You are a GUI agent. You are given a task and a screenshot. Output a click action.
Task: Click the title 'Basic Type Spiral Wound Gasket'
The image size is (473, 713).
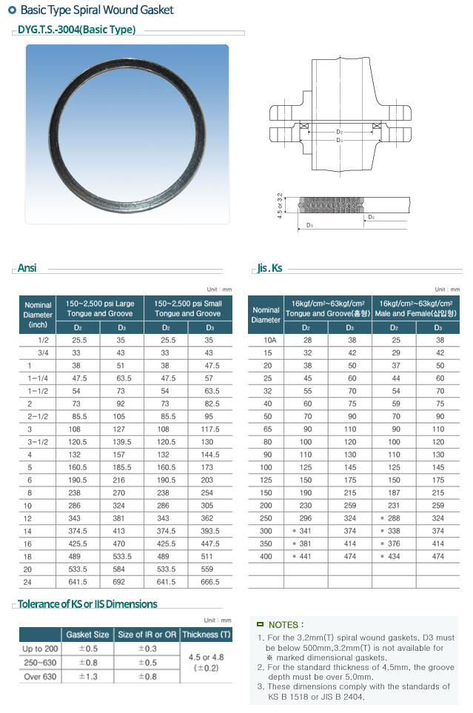[x=96, y=10]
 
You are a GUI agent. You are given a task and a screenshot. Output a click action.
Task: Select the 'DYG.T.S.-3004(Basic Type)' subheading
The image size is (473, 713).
[x=76, y=30]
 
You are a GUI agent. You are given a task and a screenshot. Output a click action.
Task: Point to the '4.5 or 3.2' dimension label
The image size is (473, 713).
[x=280, y=206]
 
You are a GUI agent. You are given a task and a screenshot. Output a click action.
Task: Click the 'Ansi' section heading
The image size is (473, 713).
[x=27, y=268]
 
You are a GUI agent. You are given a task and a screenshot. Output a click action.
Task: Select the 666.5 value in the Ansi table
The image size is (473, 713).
[x=209, y=582]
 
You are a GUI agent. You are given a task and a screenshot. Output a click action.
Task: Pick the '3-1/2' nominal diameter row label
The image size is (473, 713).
[x=38, y=441]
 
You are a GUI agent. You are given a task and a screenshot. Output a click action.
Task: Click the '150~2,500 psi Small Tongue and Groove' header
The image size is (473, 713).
[x=187, y=309]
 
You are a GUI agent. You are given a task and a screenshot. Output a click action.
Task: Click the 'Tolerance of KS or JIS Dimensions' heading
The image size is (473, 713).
[x=87, y=604]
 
